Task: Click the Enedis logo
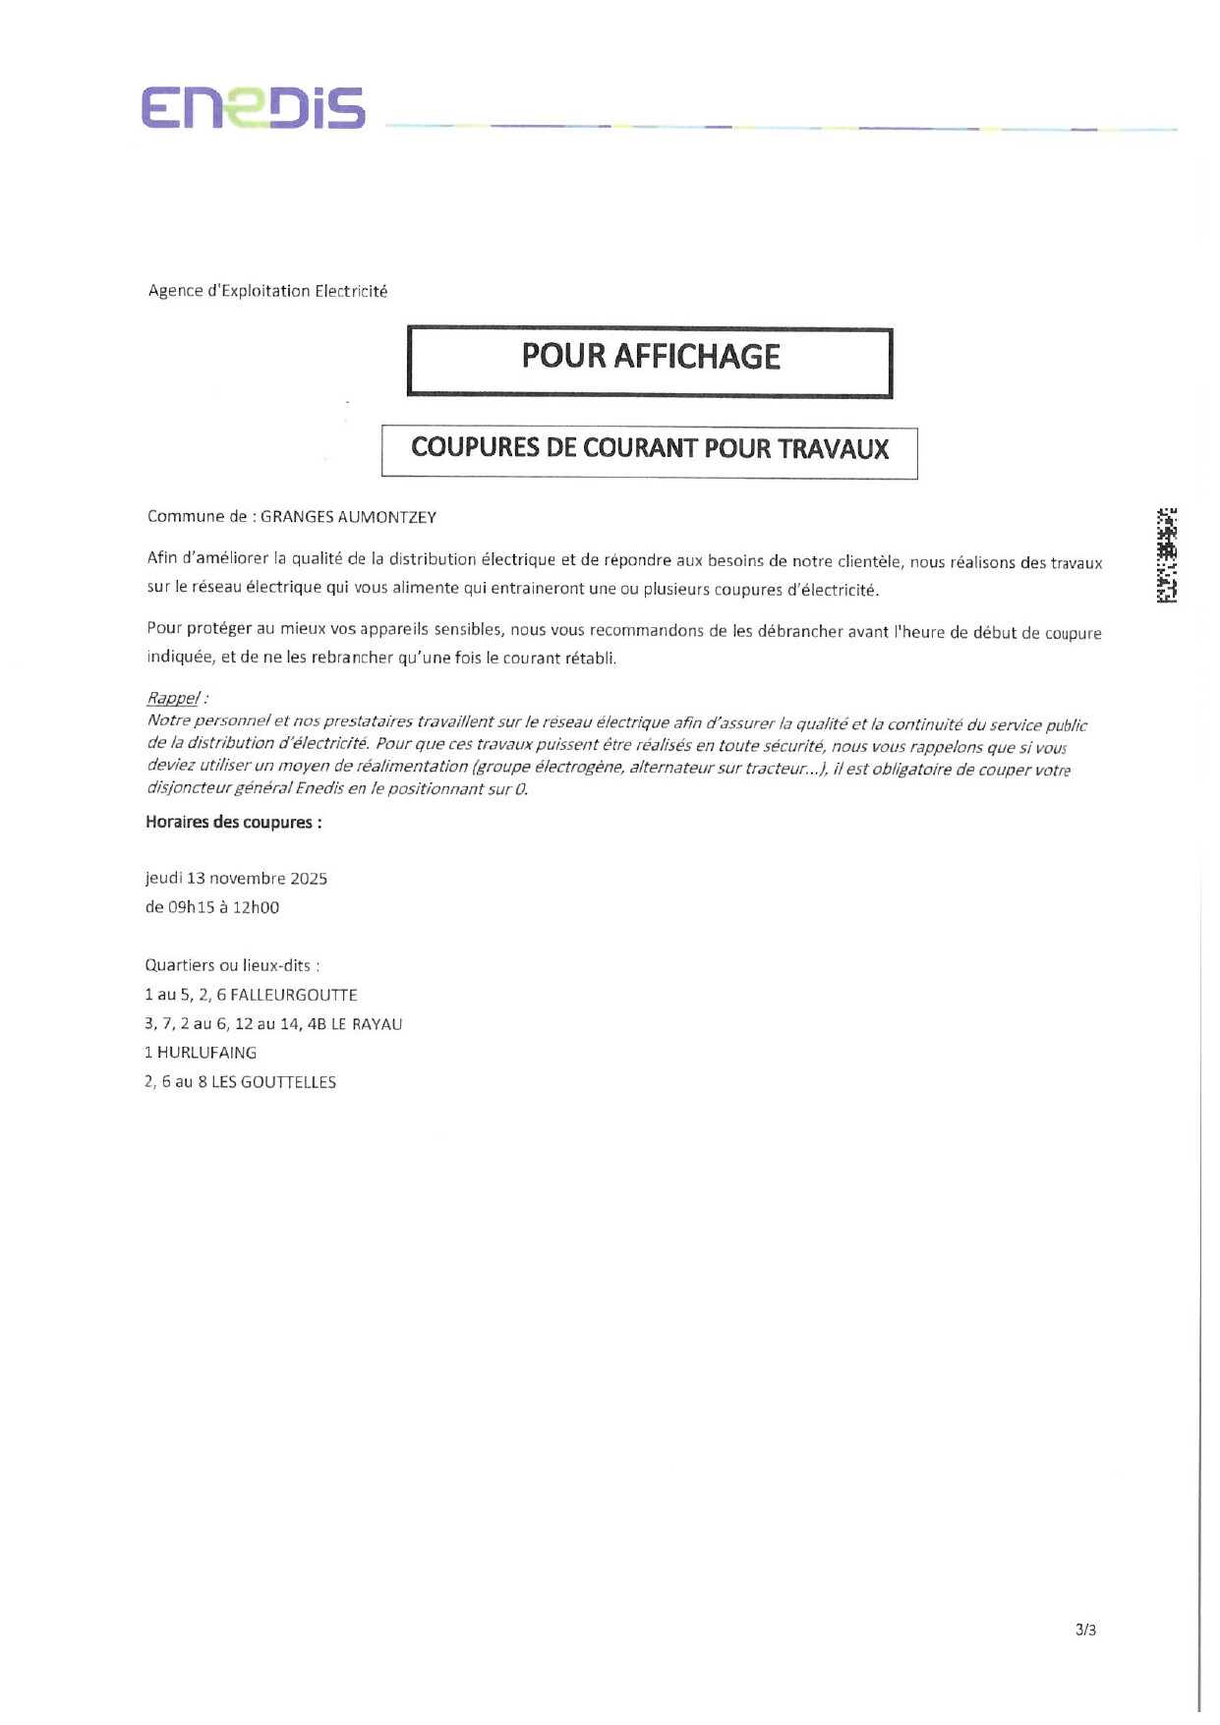coord(253,108)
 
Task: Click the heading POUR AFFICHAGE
coord(650,357)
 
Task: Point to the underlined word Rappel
coord(173,698)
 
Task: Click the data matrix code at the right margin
coord(1167,555)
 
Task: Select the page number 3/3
coord(1085,1630)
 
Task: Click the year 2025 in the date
coord(309,879)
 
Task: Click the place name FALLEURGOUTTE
coord(294,995)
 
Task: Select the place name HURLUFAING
coord(206,1053)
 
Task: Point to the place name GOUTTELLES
coord(288,1082)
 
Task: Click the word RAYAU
coord(378,1024)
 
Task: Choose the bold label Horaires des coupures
coord(233,823)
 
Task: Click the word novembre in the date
coord(248,879)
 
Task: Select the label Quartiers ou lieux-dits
coord(231,966)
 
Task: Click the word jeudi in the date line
coord(163,879)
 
